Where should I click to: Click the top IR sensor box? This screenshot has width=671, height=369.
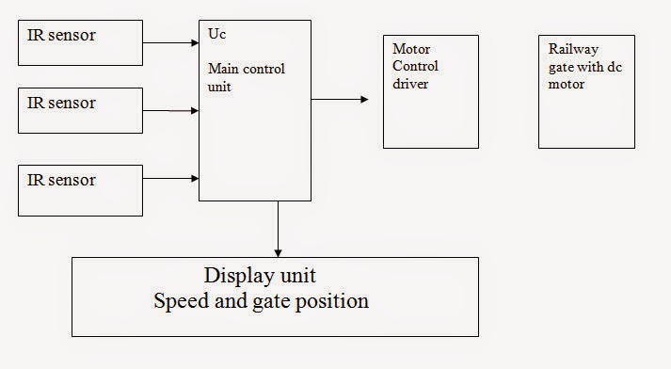click(x=80, y=42)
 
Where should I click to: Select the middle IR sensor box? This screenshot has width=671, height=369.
click(x=80, y=110)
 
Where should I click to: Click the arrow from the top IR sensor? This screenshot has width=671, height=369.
click(x=170, y=42)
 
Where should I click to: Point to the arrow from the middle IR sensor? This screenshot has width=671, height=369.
click(x=170, y=111)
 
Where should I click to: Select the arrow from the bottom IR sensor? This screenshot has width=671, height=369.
click(x=170, y=178)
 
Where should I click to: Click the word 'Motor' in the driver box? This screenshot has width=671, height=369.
click(x=410, y=50)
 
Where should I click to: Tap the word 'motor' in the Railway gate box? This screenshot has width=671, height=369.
click(x=567, y=84)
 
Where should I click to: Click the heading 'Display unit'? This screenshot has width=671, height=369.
click(x=261, y=277)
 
